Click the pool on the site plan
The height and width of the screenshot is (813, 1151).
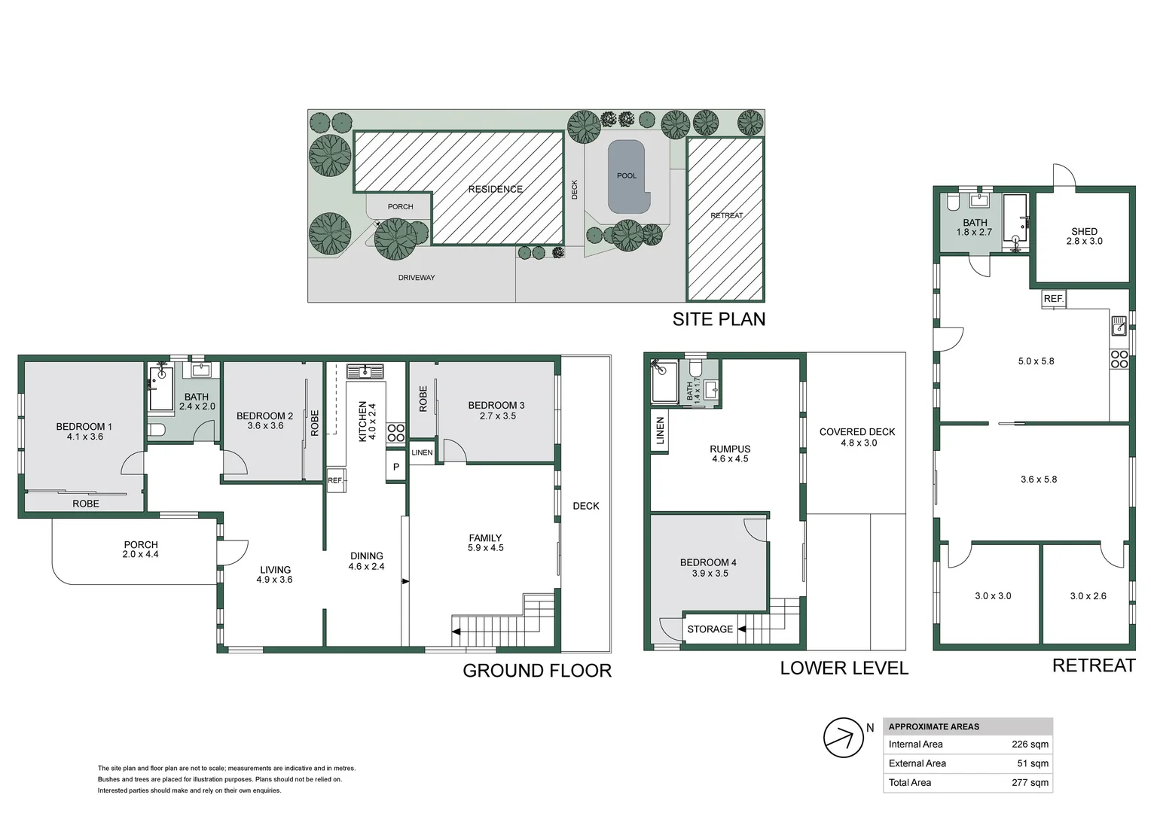(x=628, y=176)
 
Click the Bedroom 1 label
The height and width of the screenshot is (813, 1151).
(x=84, y=426)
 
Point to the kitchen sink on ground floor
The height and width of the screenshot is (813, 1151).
(x=365, y=370)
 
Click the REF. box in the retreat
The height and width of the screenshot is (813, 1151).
(x=1053, y=299)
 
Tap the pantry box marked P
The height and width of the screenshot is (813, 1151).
(x=395, y=466)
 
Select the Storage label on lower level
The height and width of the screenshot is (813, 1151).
(x=710, y=629)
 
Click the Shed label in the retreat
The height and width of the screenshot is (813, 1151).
(x=1084, y=231)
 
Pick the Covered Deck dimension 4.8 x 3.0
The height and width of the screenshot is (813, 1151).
(x=859, y=443)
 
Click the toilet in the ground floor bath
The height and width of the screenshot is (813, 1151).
(x=157, y=430)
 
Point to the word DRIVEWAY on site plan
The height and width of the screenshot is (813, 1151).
(x=417, y=278)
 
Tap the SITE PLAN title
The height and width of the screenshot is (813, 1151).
(x=719, y=319)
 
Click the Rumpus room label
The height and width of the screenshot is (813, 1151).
(x=730, y=449)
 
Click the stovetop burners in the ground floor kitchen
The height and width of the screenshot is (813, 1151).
(x=396, y=432)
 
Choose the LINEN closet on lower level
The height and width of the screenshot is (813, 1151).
(x=660, y=431)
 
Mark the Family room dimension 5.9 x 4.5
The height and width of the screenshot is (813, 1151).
(x=486, y=547)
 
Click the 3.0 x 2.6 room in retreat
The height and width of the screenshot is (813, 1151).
(x=1088, y=595)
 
